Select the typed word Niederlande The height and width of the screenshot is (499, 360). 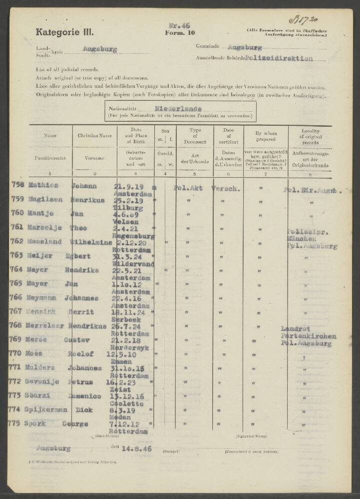click(178, 108)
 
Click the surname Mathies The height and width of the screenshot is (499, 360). click(42, 186)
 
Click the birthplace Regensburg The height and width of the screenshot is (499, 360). click(133, 236)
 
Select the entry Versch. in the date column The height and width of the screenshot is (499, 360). click(226, 189)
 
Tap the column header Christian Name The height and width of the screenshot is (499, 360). click(95, 135)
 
